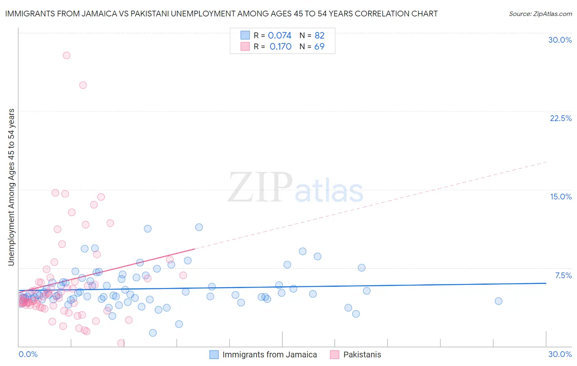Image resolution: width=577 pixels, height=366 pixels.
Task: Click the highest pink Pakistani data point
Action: pos(66,55)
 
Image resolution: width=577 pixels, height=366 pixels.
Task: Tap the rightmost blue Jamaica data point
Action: pos(498,301)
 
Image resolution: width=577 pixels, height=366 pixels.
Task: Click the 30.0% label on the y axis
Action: pos(560,40)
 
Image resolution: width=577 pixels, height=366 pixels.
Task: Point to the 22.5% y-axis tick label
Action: pos(561,118)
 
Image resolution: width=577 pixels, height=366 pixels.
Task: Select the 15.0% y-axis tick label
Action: pos(561,197)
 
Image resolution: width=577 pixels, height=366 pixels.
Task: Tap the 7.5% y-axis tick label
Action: pos(563,275)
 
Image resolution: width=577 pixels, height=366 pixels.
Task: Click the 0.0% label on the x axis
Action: pos(28,354)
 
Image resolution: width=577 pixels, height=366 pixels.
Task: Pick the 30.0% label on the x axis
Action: pos(560,354)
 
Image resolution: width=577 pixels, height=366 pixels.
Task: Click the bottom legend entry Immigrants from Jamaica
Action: pos(269,355)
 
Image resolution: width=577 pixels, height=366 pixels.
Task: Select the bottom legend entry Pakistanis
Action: pos(362,355)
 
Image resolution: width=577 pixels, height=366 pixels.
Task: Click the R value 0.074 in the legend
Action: pos(279,35)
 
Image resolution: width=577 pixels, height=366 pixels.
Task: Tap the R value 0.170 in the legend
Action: pos(280,46)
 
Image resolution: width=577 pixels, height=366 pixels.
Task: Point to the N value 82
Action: pos(319,35)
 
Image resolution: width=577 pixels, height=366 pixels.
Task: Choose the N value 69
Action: pos(319,46)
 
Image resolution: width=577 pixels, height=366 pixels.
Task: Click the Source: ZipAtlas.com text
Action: pos(540,14)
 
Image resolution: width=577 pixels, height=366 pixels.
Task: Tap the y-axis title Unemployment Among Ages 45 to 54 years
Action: pos(11,187)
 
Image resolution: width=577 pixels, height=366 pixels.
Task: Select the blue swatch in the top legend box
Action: pos(245,35)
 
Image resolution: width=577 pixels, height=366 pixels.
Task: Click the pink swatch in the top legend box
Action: pos(245,46)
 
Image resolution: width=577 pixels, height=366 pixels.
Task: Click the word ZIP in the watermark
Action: pos(260,188)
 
